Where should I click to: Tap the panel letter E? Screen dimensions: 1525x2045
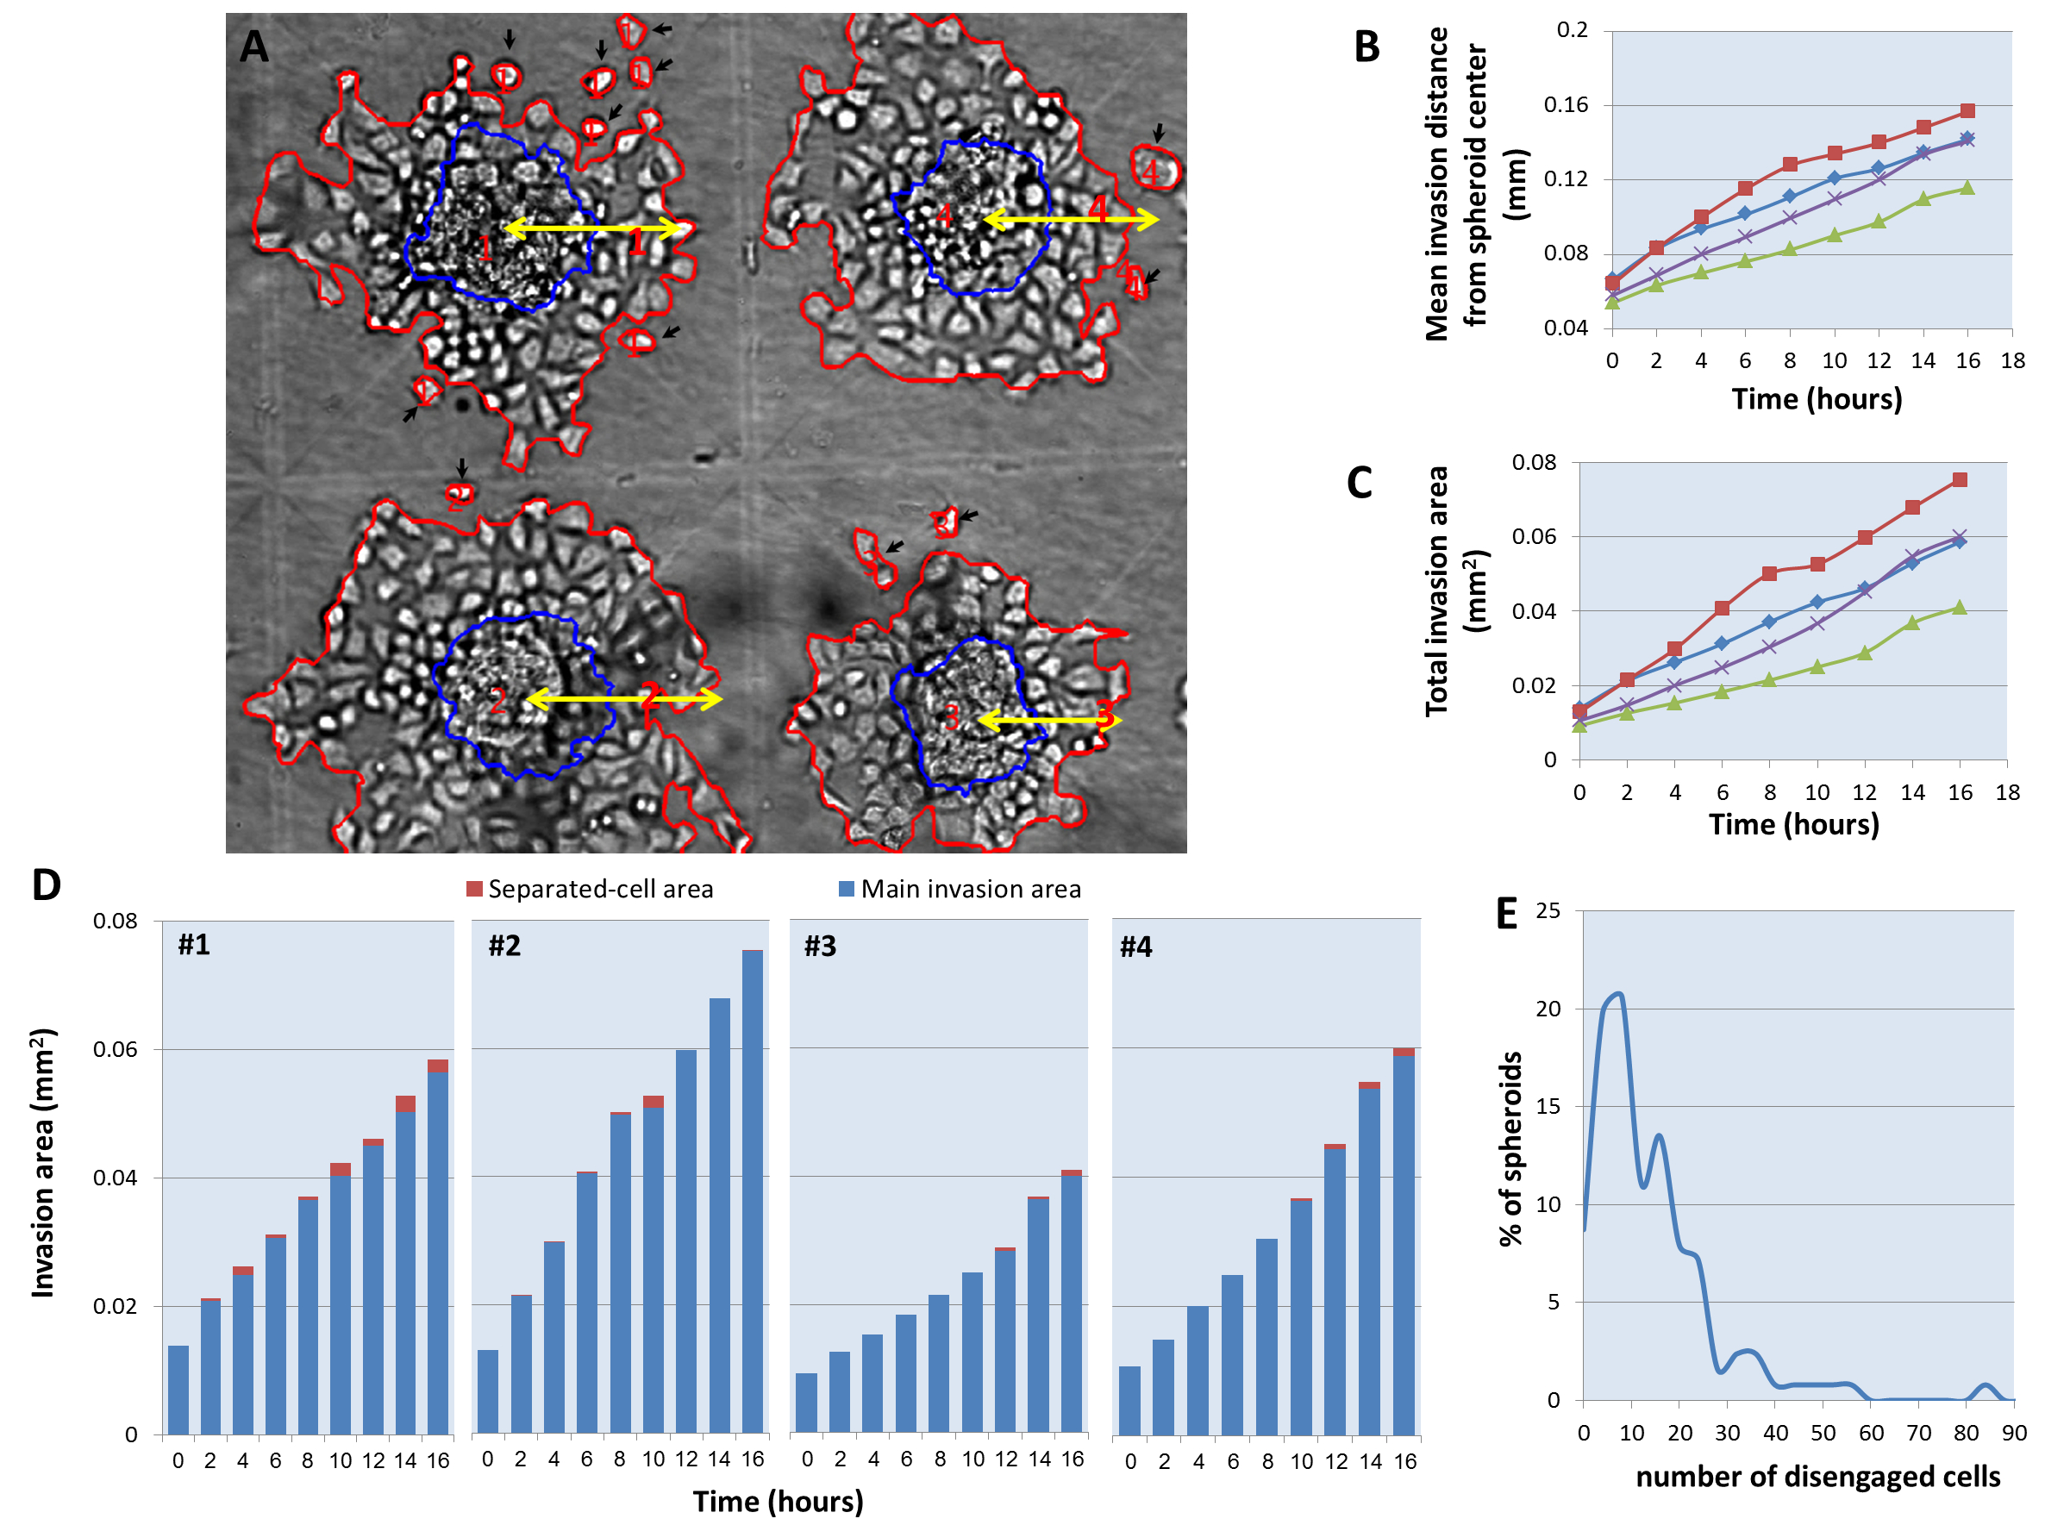pos(1506,914)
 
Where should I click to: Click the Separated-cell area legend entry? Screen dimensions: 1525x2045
pos(590,889)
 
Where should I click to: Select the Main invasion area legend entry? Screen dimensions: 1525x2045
pos(960,889)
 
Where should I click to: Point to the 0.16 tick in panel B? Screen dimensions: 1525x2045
pos(1566,104)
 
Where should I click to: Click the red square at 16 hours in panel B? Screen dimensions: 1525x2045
pos(1967,110)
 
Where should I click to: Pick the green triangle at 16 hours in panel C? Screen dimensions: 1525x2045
pos(1959,608)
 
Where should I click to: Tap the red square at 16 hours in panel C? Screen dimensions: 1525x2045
pos(1960,480)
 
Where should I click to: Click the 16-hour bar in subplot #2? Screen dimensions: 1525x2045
pos(753,1191)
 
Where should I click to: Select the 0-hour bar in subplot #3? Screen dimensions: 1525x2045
pos(806,1403)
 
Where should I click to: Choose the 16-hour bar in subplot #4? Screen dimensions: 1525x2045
pos(1404,1241)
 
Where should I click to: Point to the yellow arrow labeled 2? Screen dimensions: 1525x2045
pos(624,699)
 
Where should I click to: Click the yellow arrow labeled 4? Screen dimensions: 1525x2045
pos(1071,219)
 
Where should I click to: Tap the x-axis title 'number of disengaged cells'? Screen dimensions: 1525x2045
pos(1817,1477)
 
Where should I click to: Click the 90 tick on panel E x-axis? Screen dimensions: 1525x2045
pos(2014,1433)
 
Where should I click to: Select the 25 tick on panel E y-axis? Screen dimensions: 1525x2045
pos(1548,911)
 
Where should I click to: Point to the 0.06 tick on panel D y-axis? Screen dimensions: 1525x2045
pos(115,1050)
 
